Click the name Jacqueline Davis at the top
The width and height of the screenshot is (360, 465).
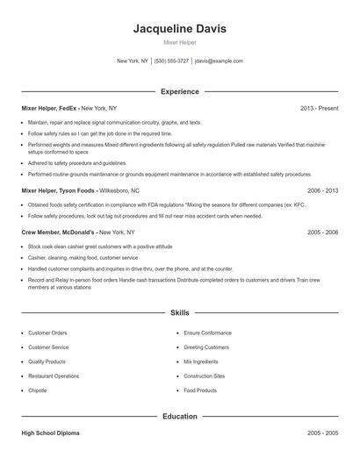click(x=179, y=28)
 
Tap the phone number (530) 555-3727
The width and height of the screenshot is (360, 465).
click(x=172, y=61)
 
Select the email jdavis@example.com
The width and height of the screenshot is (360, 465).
click(x=220, y=61)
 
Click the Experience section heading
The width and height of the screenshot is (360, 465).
click(x=179, y=91)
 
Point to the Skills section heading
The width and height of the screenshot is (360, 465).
click(x=179, y=312)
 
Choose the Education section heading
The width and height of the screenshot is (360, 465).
click(x=179, y=416)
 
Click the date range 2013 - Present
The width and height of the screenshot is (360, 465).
click(x=319, y=108)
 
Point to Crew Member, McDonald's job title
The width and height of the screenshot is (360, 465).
click(x=58, y=232)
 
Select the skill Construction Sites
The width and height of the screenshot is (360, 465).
click(x=204, y=376)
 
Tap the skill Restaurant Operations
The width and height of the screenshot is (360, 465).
click(x=54, y=376)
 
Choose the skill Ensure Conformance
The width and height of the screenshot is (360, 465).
click(x=206, y=333)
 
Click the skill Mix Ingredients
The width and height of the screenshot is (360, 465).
click(x=200, y=361)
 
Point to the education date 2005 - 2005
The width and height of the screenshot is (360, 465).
click(x=322, y=433)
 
